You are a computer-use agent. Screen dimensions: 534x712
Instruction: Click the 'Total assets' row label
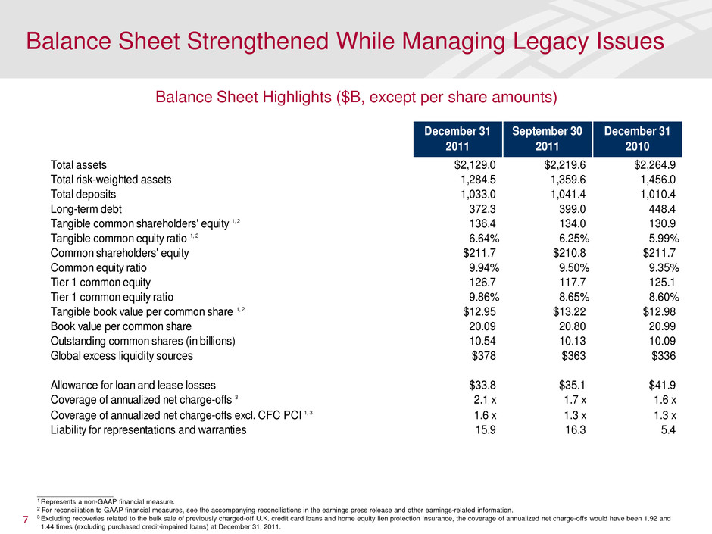pyautogui.click(x=78, y=164)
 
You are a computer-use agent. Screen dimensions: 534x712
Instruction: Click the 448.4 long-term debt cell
pyautogui.click(x=661, y=208)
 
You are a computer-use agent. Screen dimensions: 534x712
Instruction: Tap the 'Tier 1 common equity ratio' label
pyautogui.click(x=113, y=296)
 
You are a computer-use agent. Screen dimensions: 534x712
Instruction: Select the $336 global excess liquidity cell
pyautogui.click(x=664, y=355)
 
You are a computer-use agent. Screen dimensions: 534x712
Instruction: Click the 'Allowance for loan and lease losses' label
pyautogui.click(x=133, y=385)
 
